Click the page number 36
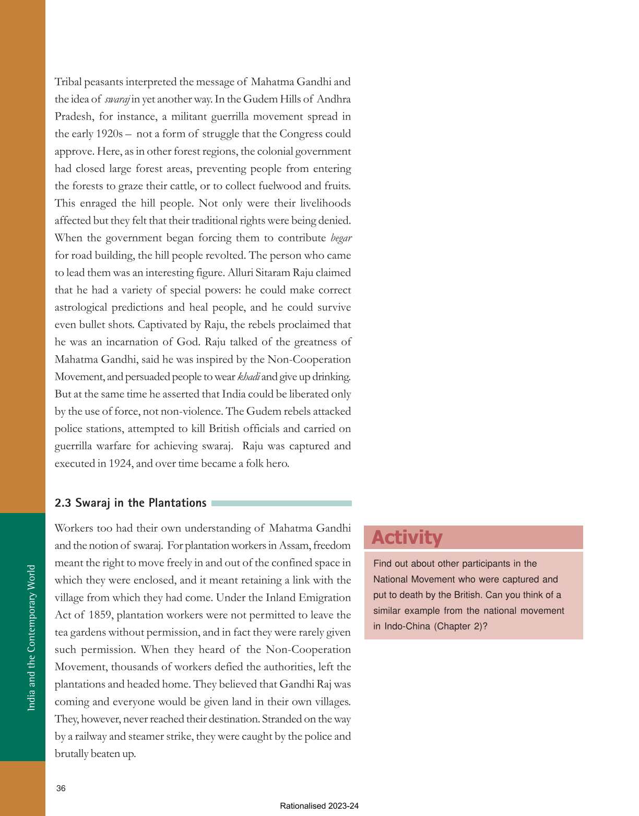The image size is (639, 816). (61, 788)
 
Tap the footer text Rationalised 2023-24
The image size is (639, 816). (319, 806)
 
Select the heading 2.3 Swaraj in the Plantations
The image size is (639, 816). (131, 503)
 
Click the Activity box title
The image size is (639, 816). (407, 538)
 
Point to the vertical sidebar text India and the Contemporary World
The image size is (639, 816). (31, 637)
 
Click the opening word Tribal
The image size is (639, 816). (67, 82)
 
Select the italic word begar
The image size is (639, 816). (341, 238)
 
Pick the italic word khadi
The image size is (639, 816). (249, 377)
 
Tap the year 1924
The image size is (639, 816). (120, 463)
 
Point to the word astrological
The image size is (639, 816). (81, 307)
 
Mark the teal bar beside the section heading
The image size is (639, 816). (281, 503)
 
